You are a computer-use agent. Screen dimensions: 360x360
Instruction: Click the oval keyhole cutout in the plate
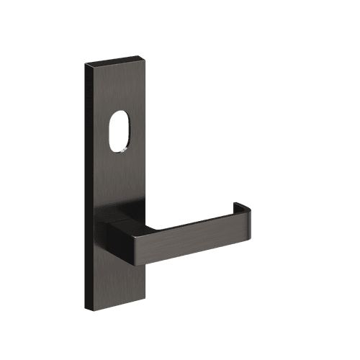pyautogui.click(x=120, y=133)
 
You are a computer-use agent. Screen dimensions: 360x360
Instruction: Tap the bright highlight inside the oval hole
pyautogui.click(x=127, y=148)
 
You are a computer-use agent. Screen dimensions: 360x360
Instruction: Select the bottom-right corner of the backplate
pyautogui.click(x=146, y=301)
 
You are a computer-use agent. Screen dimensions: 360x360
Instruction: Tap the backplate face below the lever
pyautogui.click(x=121, y=281)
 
